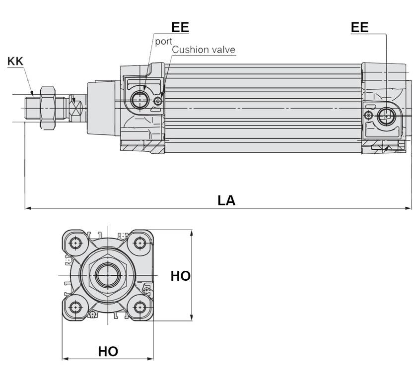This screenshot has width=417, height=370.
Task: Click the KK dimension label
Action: pyautogui.click(x=15, y=62)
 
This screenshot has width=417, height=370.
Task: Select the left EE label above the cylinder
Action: pyautogui.click(x=180, y=27)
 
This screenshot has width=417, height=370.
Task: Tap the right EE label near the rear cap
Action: pyautogui.click(x=360, y=27)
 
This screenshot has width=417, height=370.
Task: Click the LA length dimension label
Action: pyautogui.click(x=226, y=200)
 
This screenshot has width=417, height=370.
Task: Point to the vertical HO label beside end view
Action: pyautogui.click(x=180, y=276)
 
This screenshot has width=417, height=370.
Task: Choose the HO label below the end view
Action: pyautogui.click(x=108, y=352)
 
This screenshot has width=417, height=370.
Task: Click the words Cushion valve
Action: pyautogui.click(x=204, y=50)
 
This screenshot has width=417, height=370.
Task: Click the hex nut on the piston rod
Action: pyautogui.click(x=47, y=108)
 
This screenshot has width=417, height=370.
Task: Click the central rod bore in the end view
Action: pyautogui.click(x=108, y=275)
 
